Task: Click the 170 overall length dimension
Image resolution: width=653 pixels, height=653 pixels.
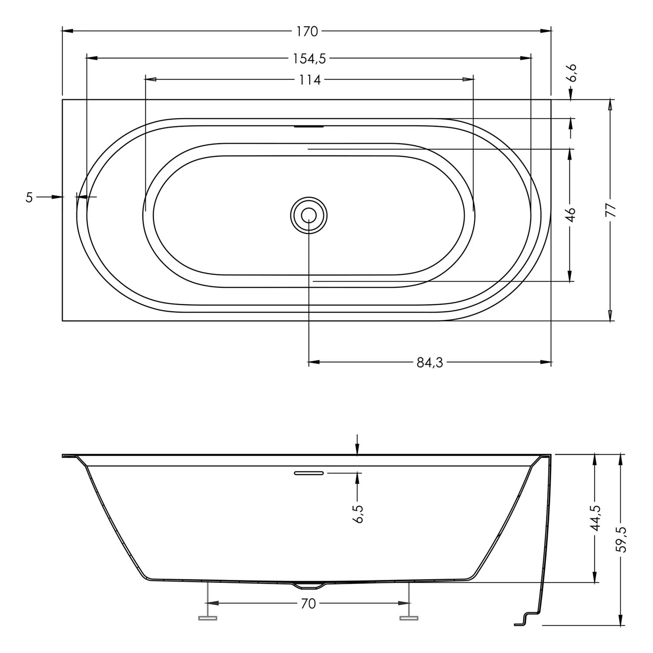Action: click(307, 31)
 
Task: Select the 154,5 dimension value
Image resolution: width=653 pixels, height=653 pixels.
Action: click(309, 58)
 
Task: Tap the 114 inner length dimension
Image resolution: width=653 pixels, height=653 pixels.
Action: click(310, 80)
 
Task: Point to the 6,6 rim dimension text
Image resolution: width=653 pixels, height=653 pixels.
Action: click(572, 73)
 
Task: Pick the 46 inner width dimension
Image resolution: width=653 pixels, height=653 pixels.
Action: click(570, 215)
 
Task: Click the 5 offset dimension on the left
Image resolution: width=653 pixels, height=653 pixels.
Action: click(29, 198)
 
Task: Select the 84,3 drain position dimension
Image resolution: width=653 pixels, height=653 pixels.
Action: click(430, 362)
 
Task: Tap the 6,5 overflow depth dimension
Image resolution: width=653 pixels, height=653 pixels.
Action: click(358, 514)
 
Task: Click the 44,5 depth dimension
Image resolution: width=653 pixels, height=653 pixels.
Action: click(596, 518)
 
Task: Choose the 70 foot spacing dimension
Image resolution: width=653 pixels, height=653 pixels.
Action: click(308, 604)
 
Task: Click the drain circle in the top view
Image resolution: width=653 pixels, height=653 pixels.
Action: click(309, 215)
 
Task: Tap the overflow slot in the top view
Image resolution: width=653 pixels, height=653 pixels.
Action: click(309, 127)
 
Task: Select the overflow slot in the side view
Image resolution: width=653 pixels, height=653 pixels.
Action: click(309, 473)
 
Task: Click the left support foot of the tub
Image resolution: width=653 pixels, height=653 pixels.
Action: click(208, 617)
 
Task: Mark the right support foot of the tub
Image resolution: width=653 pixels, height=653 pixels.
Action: click(409, 617)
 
